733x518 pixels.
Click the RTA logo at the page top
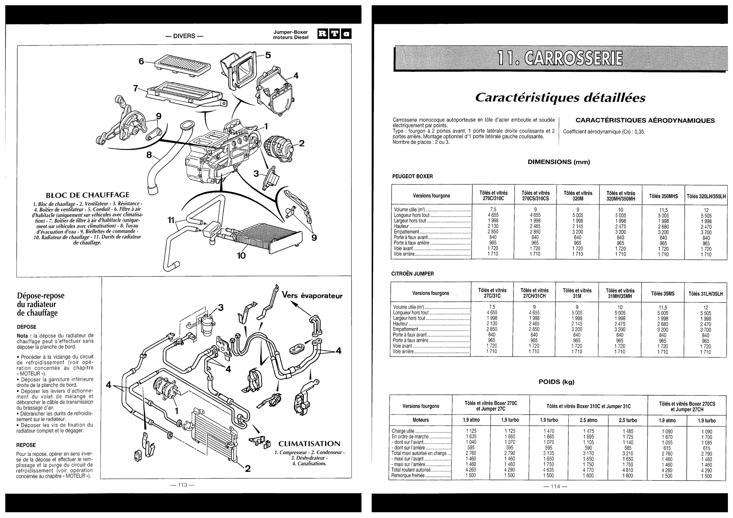pos(334,34)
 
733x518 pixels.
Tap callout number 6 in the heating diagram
pos(141,61)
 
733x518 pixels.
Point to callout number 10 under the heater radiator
pos(241,255)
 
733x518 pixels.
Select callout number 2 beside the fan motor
pos(301,143)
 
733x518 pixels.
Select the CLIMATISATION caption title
pos(309,444)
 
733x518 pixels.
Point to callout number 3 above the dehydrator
pos(221,307)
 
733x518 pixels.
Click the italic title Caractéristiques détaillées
pos(560,98)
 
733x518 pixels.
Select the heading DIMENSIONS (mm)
pos(559,162)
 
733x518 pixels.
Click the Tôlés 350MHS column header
pos(663,196)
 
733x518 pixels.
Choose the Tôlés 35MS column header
pos(663,293)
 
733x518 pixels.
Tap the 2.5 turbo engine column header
pos(627,420)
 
